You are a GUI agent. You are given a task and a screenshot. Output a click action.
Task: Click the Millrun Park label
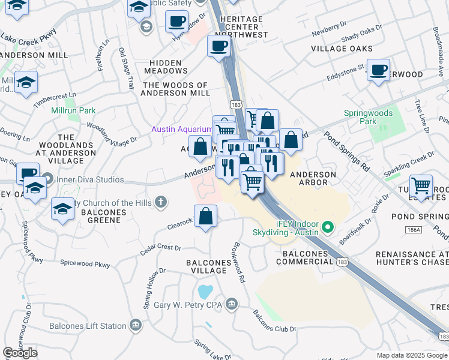73,111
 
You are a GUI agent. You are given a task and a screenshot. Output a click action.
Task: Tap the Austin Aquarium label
181,129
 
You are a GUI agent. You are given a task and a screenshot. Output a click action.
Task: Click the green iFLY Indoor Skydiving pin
327,227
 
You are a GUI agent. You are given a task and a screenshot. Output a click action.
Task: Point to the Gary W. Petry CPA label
188,305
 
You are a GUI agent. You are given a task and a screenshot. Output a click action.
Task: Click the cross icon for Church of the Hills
160,202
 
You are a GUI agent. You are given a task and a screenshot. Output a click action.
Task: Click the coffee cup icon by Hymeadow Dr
176,22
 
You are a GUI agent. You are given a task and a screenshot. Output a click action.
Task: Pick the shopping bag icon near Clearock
205,217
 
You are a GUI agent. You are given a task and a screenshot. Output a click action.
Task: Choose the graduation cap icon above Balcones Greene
62,209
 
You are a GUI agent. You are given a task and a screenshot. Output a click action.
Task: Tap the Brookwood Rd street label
238,263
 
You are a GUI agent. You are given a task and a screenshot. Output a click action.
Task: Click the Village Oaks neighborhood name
342,49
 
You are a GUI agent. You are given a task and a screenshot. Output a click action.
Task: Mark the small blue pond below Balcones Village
205,292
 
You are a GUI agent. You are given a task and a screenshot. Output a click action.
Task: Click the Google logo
20,352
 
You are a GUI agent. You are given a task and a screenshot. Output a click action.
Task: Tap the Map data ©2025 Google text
411,355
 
